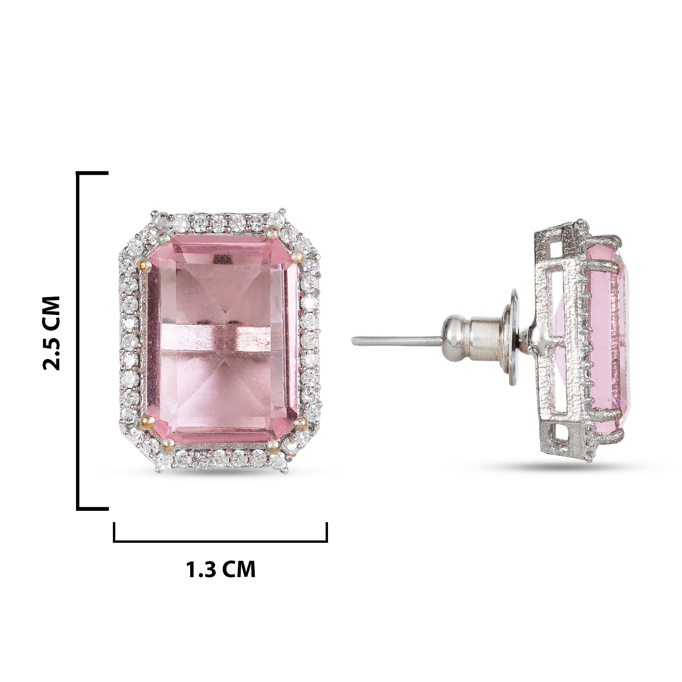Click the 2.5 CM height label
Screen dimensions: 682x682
tap(51, 333)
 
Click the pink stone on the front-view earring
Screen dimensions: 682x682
tap(222, 339)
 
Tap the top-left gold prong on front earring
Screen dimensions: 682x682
tap(146, 265)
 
